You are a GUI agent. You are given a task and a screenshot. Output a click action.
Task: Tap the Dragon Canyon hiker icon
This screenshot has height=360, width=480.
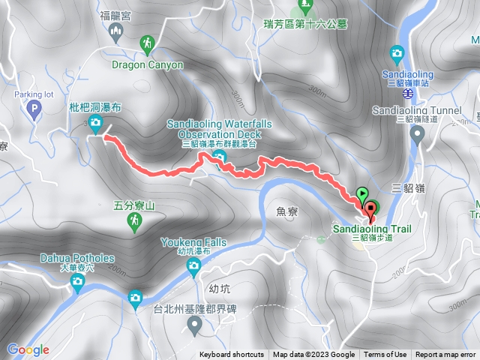click(148, 45)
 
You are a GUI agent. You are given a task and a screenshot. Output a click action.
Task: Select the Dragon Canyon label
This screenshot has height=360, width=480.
click(148, 64)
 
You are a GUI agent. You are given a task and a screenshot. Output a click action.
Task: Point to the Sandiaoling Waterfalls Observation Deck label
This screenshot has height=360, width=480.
click(220, 128)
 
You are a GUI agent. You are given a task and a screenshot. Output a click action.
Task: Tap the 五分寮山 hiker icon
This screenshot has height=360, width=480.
click(134, 220)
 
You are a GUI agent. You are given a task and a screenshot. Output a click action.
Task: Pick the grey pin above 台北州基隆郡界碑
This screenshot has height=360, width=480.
click(195, 325)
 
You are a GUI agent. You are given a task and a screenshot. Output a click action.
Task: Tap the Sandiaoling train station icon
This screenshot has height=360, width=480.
click(397, 53)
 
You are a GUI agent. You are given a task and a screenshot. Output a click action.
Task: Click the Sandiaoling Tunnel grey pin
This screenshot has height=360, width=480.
click(418, 134)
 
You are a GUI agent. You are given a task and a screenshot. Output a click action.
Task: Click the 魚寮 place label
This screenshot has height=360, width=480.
click(287, 212)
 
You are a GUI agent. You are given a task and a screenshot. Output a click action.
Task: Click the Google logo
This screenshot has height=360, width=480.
click(28, 349)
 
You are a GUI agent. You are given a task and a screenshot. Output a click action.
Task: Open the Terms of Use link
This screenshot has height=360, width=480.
click(385, 355)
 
